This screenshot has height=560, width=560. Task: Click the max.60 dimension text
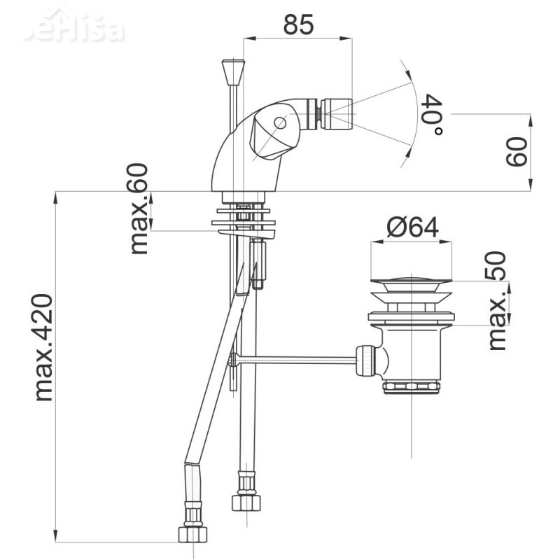point(139,209)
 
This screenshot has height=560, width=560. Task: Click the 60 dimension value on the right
point(516,152)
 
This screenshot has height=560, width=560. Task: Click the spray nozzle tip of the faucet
point(337,114)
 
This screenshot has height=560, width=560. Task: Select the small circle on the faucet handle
point(280,123)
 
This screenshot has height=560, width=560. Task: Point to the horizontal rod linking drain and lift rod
point(297,360)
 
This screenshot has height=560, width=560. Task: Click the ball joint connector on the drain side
point(367,360)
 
